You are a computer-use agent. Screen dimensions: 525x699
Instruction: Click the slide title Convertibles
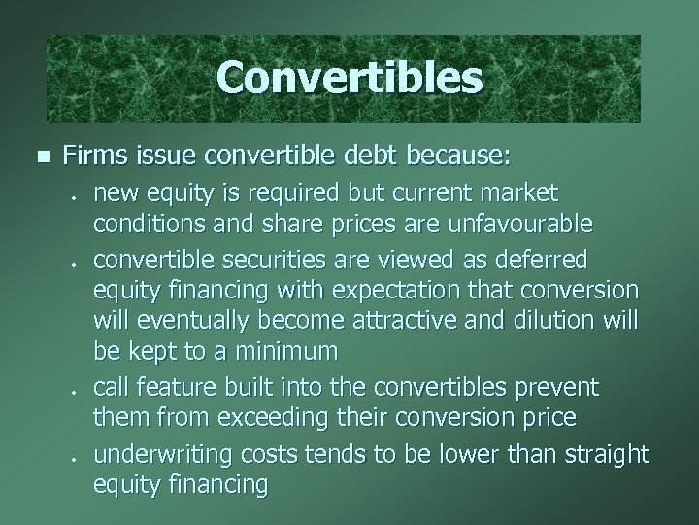349,78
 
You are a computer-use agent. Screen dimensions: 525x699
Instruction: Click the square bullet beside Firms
40,155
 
